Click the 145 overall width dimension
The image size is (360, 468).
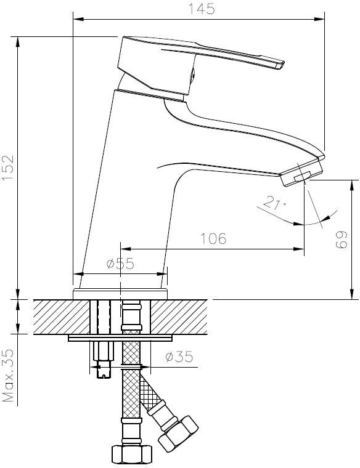tap(202, 9)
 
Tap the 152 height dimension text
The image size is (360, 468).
tap(8, 167)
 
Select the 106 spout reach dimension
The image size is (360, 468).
tap(213, 238)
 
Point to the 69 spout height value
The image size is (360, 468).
tap(342, 240)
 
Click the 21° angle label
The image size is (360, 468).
tap(274, 203)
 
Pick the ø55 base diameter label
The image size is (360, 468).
tap(120, 264)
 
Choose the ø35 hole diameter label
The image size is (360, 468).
tap(179, 357)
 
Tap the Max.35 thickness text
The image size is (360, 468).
tap(8, 376)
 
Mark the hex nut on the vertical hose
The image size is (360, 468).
tap(132, 454)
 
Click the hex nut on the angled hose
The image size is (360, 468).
tap(178, 434)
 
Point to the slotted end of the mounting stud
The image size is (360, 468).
tap(104, 374)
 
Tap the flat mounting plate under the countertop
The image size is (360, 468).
tap(120, 338)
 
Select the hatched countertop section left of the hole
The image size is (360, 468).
tap(62, 317)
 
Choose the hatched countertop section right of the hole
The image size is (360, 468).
tap(179, 317)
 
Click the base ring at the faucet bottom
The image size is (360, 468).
tap(120, 294)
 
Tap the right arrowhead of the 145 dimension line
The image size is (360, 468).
tap(320, 19)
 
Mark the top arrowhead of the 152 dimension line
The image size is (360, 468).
tap(18, 42)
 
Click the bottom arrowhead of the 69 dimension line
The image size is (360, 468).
tap(352, 294)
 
